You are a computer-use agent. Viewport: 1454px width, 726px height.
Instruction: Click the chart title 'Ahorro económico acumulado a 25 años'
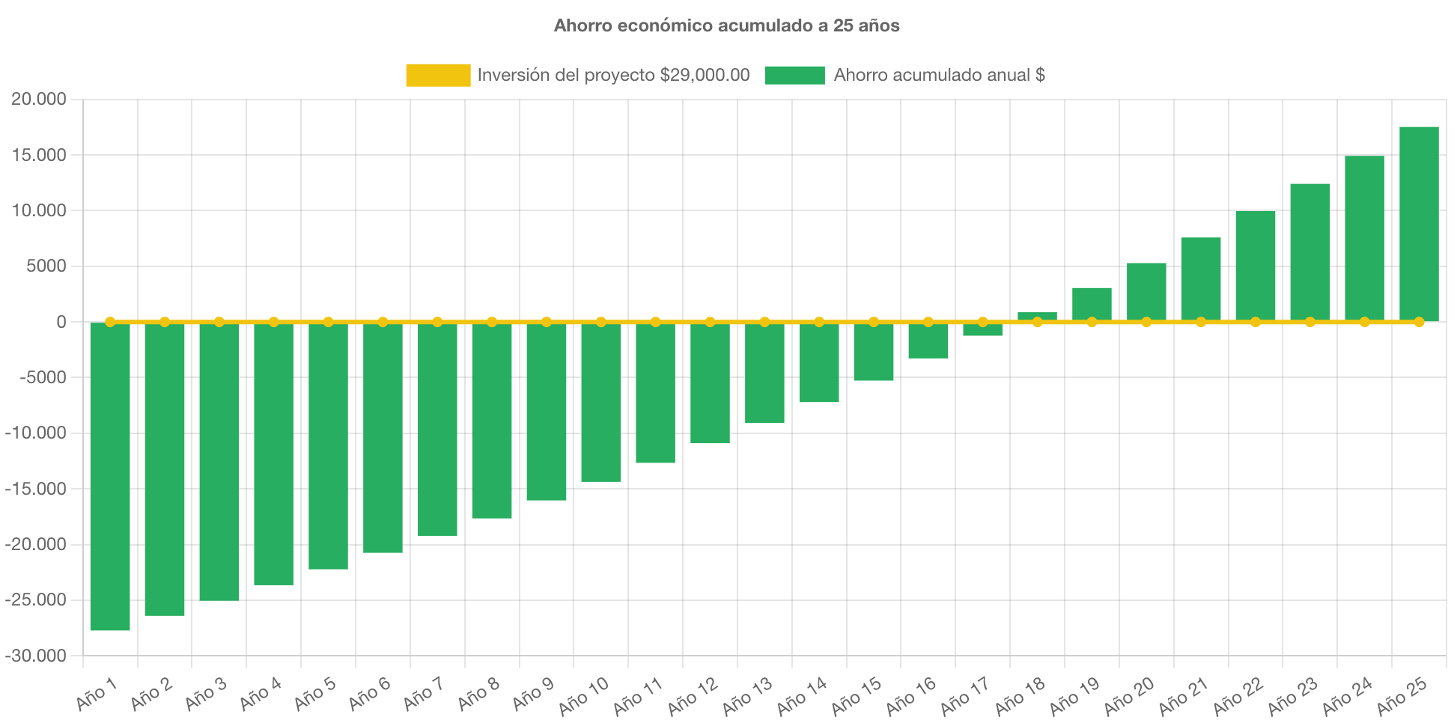pyautogui.click(x=726, y=25)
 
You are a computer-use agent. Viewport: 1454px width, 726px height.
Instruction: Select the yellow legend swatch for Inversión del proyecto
pyautogui.click(x=438, y=75)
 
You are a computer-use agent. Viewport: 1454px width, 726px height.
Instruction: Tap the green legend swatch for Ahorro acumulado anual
pyautogui.click(x=794, y=75)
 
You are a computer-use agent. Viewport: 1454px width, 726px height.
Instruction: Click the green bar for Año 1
pyautogui.click(x=110, y=476)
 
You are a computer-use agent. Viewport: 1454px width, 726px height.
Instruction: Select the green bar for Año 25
pyautogui.click(x=1419, y=224)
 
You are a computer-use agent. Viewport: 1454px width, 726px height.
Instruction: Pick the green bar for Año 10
pyautogui.click(x=601, y=402)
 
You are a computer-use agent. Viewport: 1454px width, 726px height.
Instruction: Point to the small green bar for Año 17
pyautogui.click(x=982, y=329)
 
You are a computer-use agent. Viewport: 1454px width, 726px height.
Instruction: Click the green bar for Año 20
pyautogui.click(x=1146, y=292)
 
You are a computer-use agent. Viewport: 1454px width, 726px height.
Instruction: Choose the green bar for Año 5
pyautogui.click(x=328, y=446)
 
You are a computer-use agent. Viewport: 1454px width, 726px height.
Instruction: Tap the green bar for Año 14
pyautogui.click(x=819, y=362)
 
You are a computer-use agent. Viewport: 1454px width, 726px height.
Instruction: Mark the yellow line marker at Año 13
pyautogui.click(x=764, y=322)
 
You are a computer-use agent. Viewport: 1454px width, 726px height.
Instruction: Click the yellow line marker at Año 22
pyautogui.click(x=1256, y=322)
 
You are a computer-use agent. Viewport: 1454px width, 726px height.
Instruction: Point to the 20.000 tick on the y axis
pyautogui.click(x=38, y=100)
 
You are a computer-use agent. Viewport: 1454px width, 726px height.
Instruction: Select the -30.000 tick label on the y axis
pyautogui.click(x=35, y=656)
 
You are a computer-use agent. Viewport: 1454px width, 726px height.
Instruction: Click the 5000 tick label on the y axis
pyautogui.click(x=46, y=266)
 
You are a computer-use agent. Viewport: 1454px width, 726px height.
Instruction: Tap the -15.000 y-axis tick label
pyautogui.click(x=35, y=489)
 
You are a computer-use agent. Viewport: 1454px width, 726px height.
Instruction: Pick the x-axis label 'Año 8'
pyautogui.click(x=478, y=694)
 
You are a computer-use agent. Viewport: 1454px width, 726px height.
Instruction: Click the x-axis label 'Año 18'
pyautogui.click(x=1019, y=697)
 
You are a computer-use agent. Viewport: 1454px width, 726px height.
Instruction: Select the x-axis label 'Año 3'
pyautogui.click(x=205, y=694)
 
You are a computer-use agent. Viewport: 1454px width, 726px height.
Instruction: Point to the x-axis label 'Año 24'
pyautogui.click(x=1346, y=697)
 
